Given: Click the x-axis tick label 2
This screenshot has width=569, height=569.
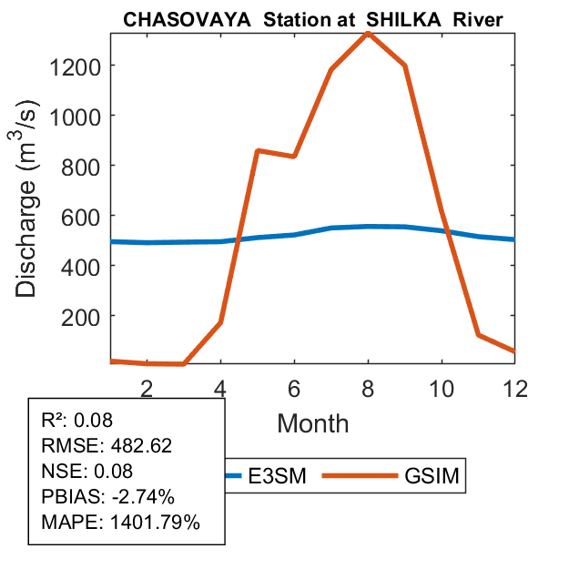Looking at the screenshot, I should point(147,388).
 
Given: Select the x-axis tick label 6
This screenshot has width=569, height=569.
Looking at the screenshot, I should point(294,388).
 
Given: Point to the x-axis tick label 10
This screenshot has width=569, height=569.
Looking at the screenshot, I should point(442,388).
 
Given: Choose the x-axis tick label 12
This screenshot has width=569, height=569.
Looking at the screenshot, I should point(515,388).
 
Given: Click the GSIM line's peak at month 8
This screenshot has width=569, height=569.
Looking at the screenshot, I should point(368,33).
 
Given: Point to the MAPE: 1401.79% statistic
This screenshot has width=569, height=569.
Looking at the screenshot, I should point(120,523).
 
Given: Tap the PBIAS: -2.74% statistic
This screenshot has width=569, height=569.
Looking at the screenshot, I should point(107,497).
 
